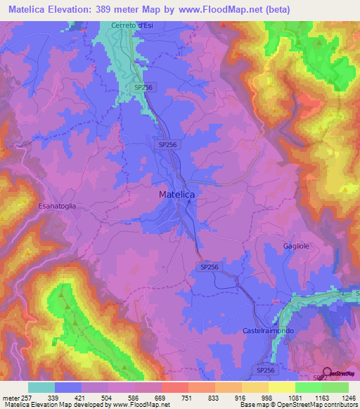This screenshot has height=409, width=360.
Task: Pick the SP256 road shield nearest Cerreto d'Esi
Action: tap(143, 86)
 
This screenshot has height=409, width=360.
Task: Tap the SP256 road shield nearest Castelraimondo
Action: tap(264, 370)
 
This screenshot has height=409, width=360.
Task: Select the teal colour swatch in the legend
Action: tap(41, 387)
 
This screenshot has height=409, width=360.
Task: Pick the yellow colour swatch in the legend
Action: tap(282, 387)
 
